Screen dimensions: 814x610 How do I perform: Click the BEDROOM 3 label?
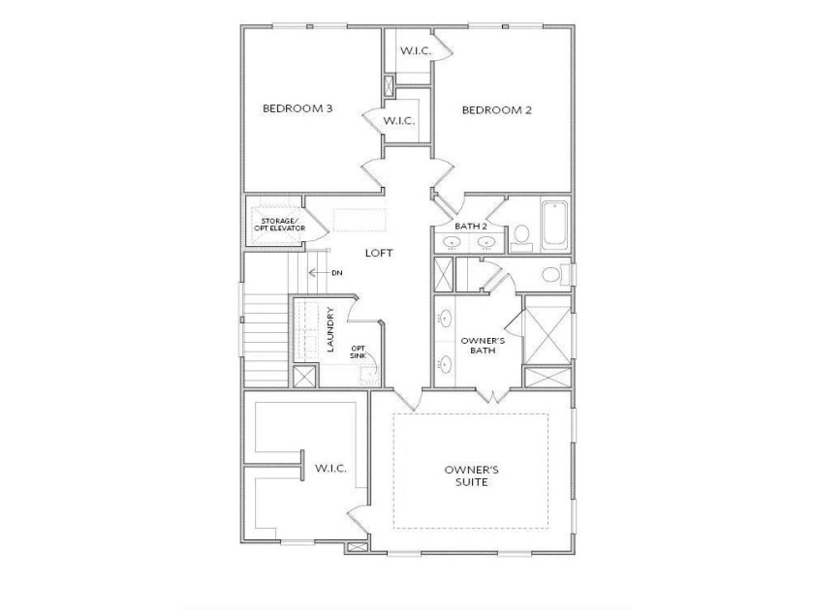(x=297, y=108)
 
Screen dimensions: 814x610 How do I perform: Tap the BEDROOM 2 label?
(x=497, y=110)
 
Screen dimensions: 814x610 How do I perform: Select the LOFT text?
(x=379, y=253)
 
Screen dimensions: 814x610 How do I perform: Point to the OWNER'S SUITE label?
(x=472, y=476)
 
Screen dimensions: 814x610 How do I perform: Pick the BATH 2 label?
(x=471, y=227)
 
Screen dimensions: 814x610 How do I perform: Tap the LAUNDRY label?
(x=330, y=329)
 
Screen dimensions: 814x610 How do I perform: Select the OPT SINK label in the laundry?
(x=359, y=352)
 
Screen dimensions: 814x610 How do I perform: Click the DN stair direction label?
(x=337, y=273)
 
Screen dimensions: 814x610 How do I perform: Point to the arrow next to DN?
(x=318, y=273)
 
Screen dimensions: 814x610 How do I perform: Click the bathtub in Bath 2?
(x=554, y=225)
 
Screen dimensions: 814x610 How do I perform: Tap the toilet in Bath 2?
(x=521, y=236)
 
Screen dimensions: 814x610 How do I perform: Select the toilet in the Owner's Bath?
(x=555, y=274)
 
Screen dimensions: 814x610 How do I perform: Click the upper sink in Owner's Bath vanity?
(x=446, y=319)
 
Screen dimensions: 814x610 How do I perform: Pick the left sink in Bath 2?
(x=454, y=242)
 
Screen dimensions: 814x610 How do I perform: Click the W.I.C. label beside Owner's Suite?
(x=330, y=469)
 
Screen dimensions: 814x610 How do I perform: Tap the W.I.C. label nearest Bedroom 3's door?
(x=398, y=121)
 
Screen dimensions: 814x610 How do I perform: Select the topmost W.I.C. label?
(x=416, y=50)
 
